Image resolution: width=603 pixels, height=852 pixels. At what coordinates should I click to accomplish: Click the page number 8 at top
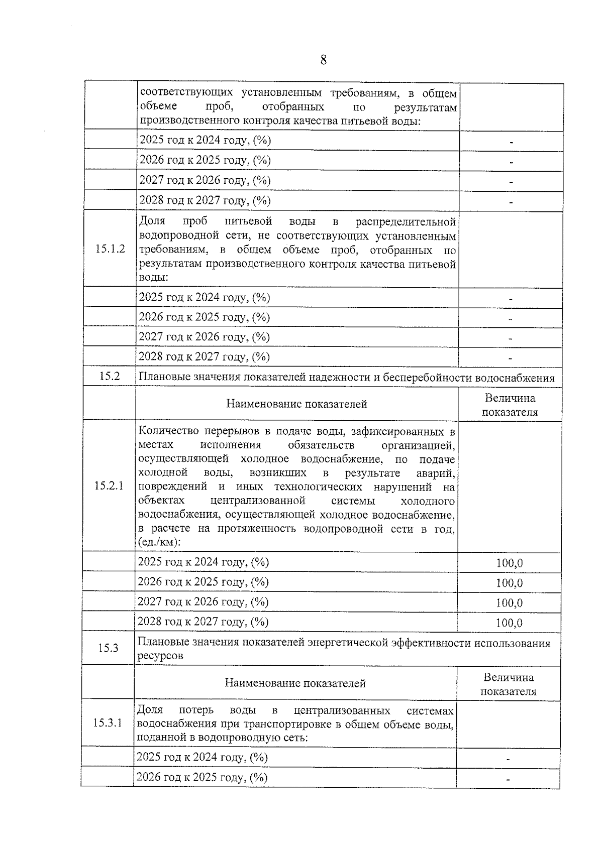click(x=323, y=60)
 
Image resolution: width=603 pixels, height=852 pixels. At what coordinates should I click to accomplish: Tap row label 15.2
click(x=110, y=376)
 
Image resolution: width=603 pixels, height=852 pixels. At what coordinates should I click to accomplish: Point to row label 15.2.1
click(x=109, y=486)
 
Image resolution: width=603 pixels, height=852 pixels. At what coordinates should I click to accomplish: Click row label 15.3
click(x=108, y=648)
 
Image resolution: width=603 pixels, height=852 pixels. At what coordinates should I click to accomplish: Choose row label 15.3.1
click(x=108, y=723)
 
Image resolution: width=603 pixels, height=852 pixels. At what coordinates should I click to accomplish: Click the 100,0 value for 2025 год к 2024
click(x=509, y=563)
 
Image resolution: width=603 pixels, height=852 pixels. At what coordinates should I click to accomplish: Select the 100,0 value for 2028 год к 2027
click(x=509, y=623)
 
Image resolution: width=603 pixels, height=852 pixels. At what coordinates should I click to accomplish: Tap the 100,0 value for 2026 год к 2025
click(x=509, y=583)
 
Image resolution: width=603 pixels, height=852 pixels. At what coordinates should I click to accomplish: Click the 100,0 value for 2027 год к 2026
click(x=509, y=603)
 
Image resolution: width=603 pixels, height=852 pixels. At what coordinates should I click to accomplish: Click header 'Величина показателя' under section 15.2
click(x=510, y=405)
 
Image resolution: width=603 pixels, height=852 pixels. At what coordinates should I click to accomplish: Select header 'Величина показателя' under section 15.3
click(x=509, y=684)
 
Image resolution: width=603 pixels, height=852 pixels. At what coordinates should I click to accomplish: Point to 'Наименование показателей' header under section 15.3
click(x=295, y=683)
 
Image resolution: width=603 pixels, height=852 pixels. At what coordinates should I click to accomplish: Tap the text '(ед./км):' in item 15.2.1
click(x=159, y=543)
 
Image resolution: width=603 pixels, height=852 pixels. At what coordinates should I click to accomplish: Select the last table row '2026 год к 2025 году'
click(x=202, y=778)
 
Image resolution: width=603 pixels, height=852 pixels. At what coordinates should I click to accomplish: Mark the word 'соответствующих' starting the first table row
click(x=186, y=93)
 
